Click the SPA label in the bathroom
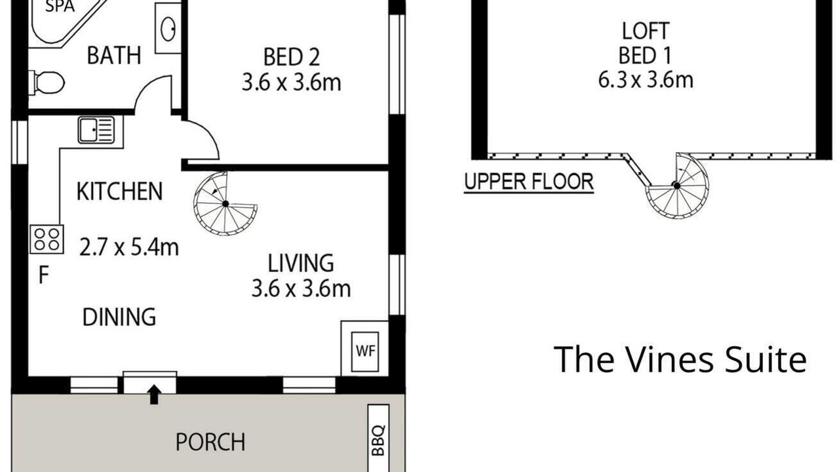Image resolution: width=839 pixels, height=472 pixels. point(60,7)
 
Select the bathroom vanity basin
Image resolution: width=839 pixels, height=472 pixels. point(168,28)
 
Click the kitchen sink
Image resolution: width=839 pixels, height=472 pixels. point(96,130)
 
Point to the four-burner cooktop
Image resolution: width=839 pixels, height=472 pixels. point(47,239)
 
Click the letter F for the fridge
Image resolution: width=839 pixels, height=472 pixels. point(44,275)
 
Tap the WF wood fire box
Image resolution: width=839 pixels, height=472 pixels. point(365,351)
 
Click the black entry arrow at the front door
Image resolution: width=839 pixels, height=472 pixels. point(154,395)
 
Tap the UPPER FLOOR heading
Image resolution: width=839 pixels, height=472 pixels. point(529,182)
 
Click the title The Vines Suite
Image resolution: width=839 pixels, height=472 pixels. point(680,360)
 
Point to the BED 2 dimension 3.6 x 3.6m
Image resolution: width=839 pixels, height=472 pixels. point(292,83)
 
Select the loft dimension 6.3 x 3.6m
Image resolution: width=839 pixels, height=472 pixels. point(646,80)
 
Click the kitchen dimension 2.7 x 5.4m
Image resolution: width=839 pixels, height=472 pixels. point(129,248)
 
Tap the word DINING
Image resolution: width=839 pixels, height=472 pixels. point(119,317)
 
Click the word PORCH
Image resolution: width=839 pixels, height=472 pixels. point(210,442)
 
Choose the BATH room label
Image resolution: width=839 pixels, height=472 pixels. point(114,55)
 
